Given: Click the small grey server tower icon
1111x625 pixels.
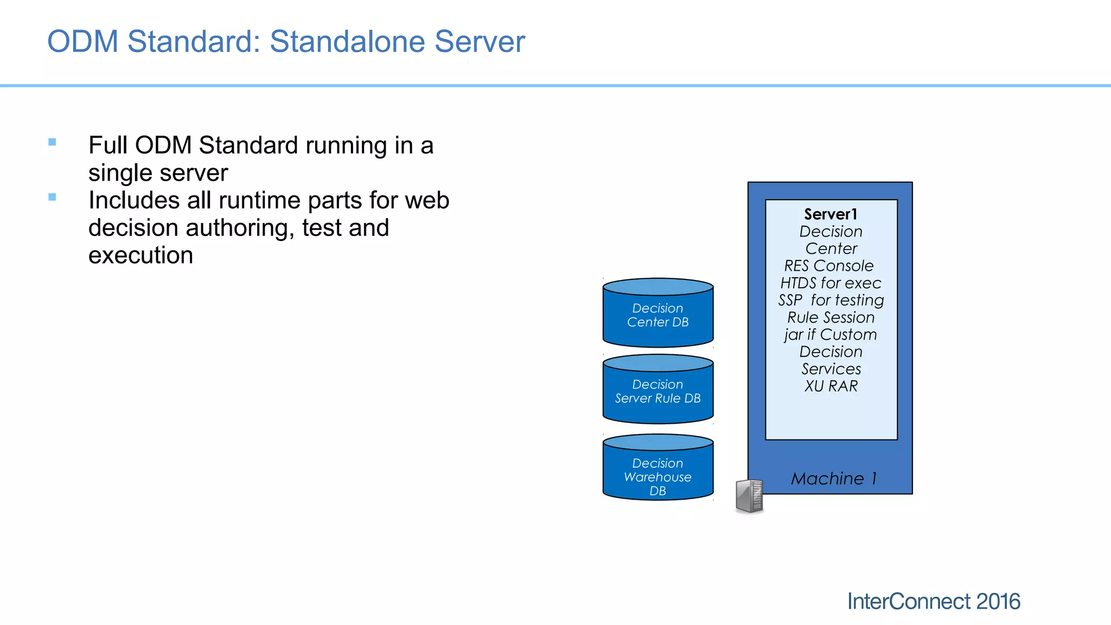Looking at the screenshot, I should click(749, 496).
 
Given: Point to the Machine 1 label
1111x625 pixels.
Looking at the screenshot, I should click(834, 479).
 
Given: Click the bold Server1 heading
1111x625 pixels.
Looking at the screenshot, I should click(831, 214).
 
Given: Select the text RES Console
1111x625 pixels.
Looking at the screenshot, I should click(829, 266).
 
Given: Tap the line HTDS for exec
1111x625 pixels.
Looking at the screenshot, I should click(831, 283).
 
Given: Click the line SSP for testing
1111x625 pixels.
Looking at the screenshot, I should click(831, 300).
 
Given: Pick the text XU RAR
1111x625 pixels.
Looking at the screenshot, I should click(831, 386).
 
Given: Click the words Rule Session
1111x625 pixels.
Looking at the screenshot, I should click(831, 317).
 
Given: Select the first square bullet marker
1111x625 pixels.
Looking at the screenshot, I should click(52, 142).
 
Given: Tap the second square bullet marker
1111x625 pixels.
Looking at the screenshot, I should click(52, 197).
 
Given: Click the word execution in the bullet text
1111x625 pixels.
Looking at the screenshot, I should click(141, 256).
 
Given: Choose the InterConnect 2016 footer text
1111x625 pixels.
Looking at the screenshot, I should click(933, 602).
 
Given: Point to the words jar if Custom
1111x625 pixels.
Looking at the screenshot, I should click(830, 335).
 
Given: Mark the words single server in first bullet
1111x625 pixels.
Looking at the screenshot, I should click(158, 173).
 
